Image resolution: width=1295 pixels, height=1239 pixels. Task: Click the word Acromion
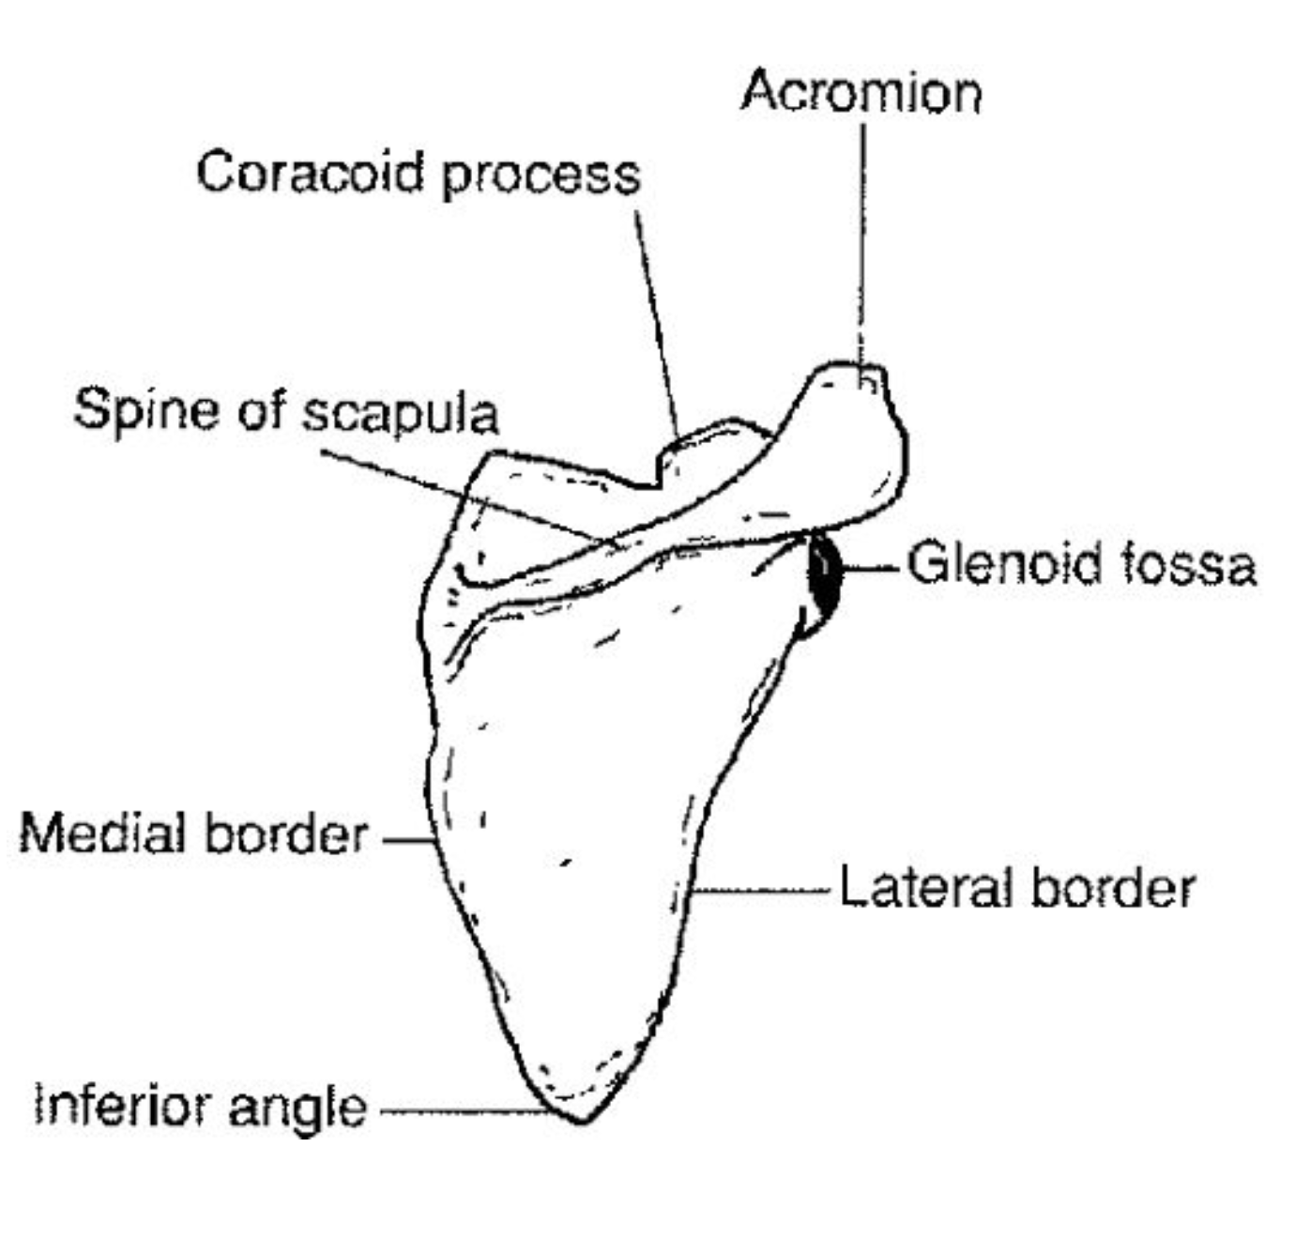[x=861, y=93]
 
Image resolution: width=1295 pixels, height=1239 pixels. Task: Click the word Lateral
[x=924, y=888]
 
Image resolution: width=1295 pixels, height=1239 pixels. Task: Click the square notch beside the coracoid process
[x=658, y=474]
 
